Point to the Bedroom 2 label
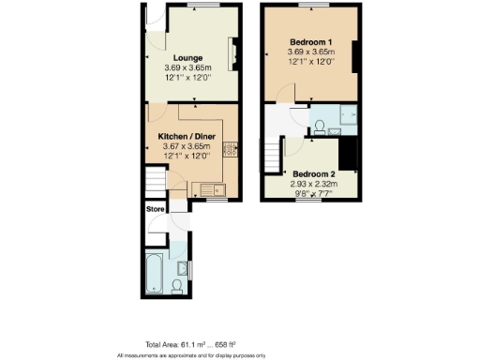click(x=312, y=173)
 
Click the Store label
click(x=155, y=209)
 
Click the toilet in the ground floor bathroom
click(x=179, y=285)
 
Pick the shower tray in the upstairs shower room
click(x=345, y=119)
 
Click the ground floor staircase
click(x=153, y=180)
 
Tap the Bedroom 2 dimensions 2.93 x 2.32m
click(x=312, y=185)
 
